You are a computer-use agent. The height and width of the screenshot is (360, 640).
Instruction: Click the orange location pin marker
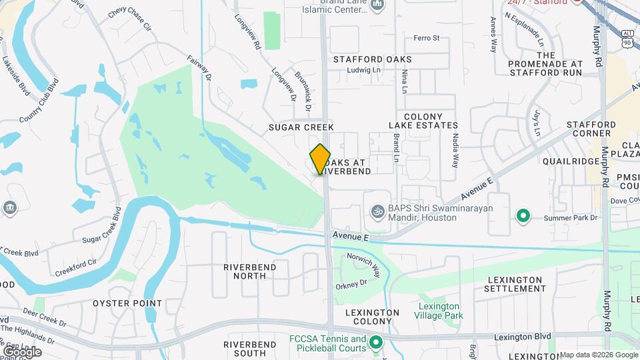tap(321, 159)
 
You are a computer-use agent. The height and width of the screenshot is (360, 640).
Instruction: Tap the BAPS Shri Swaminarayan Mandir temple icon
tap(377, 211)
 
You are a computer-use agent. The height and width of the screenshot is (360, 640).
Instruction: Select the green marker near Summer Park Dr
tap(523, 215)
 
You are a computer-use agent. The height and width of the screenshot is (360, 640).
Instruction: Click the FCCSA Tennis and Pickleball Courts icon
tap(375, 343)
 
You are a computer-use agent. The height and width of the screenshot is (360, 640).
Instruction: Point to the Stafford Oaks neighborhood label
tap(373, 59)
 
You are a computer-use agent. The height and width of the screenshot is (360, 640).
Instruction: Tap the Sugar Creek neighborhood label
tap(301, 127)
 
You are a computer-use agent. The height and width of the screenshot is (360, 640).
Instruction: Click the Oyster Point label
tap(127, 303)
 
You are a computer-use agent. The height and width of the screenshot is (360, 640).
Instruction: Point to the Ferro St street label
tap(427, 38)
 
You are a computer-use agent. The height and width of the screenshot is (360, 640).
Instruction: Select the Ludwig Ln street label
tap(367, 69)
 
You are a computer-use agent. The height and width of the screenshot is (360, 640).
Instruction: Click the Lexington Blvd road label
tap(523, 338)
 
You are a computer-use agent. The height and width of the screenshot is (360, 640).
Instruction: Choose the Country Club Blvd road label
tap(39, 100)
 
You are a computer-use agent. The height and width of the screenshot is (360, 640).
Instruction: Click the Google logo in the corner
tap(22, 351)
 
